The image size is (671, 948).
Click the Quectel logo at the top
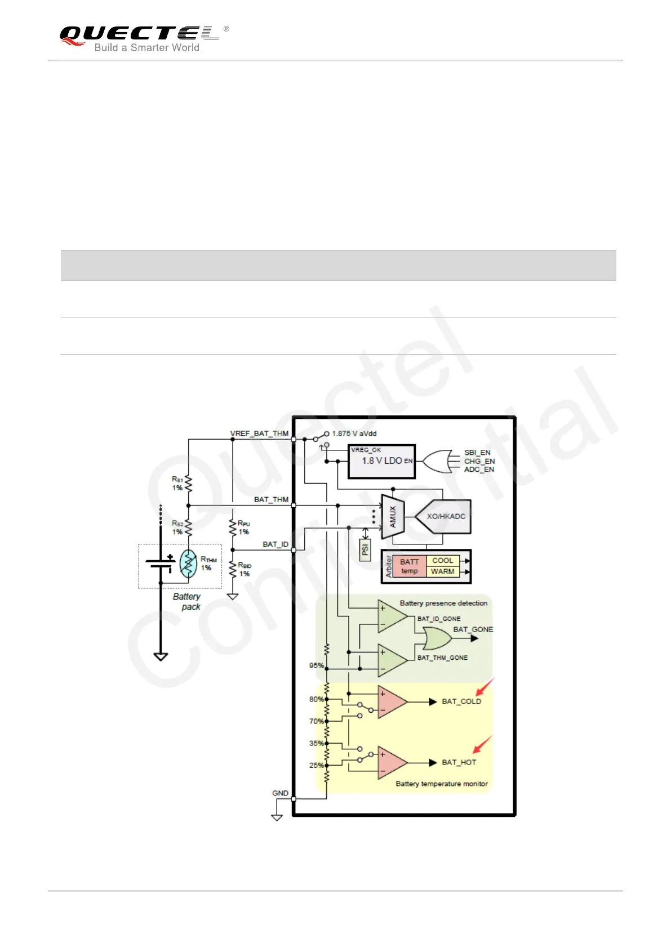(x=144, y=38)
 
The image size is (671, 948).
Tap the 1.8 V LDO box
(x=381, y=461)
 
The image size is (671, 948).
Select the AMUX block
(x=393, y=516)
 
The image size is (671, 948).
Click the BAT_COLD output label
(x=461, y=701)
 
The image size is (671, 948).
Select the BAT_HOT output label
(x=459, y=762)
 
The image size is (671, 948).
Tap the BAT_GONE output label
(x=473, y=629)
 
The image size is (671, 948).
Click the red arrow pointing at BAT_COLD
(x=485, y=687)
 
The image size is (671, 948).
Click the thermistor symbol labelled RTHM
(x=189, y=564)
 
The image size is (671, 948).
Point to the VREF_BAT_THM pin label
(x=259, y=433)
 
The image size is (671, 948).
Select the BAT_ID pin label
(x=275, y=544)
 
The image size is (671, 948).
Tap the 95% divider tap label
(x=316, y=665)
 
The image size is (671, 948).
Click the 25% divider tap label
(x=316, y=765)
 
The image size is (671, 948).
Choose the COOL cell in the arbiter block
(x=442, y=561)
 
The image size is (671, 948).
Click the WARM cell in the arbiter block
(x=442, y=571)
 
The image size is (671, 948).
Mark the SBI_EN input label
(x=477, y=453)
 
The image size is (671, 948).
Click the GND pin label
(x=280, y=793)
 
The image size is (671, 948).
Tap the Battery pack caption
(x=188, y=601)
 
